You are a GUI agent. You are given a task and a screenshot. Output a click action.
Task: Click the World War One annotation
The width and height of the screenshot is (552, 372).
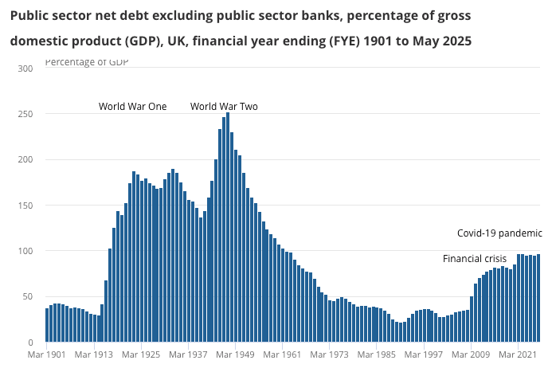(x=132, y=107)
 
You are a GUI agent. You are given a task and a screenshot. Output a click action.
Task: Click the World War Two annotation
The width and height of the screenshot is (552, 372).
(x=224, y=107)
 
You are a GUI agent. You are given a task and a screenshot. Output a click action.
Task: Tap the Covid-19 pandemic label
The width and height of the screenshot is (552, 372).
(x=499, y=234)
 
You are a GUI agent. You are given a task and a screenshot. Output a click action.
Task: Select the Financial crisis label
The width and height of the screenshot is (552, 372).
(x=475, y=259)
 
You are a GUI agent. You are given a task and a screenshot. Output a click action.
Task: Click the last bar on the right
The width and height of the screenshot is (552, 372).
(x=538, y=299)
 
